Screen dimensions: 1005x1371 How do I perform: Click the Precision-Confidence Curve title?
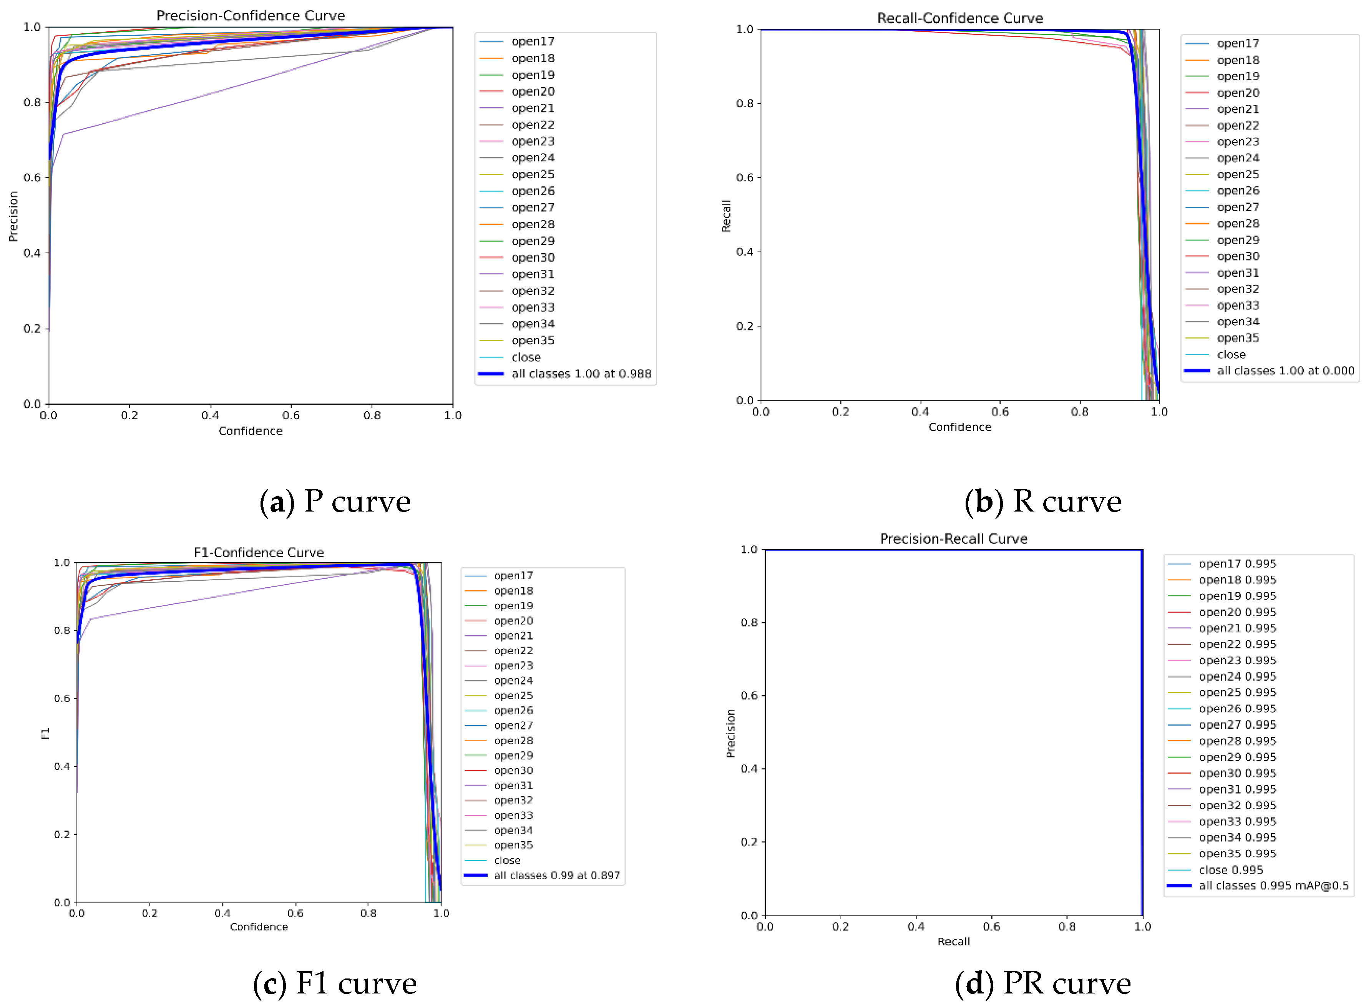click(x=251, y=16)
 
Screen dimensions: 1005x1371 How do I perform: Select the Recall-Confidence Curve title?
click(x=960, y=18)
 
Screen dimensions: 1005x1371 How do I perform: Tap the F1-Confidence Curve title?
click(x=259, y=552)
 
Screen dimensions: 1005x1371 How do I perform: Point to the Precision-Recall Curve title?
click(x=953, y=539)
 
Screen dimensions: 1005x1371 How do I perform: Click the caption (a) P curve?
click(x=335, y=502)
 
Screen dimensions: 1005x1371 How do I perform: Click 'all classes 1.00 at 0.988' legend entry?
click(x=581, y=374)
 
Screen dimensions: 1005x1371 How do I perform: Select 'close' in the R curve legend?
click(x=1231, y=354)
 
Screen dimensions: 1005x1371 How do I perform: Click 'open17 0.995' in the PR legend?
click(x=1237, y=564)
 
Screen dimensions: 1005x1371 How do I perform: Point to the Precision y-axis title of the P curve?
click(x=13, y=216)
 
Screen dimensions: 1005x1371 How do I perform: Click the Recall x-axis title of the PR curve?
click(x=953, y=942)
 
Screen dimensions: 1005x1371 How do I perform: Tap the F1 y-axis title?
click(x=45, y=734)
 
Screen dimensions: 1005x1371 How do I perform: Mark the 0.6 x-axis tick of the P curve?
click(x=291, y=415)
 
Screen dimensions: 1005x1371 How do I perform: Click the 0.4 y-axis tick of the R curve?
click(x=745, y=252)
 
